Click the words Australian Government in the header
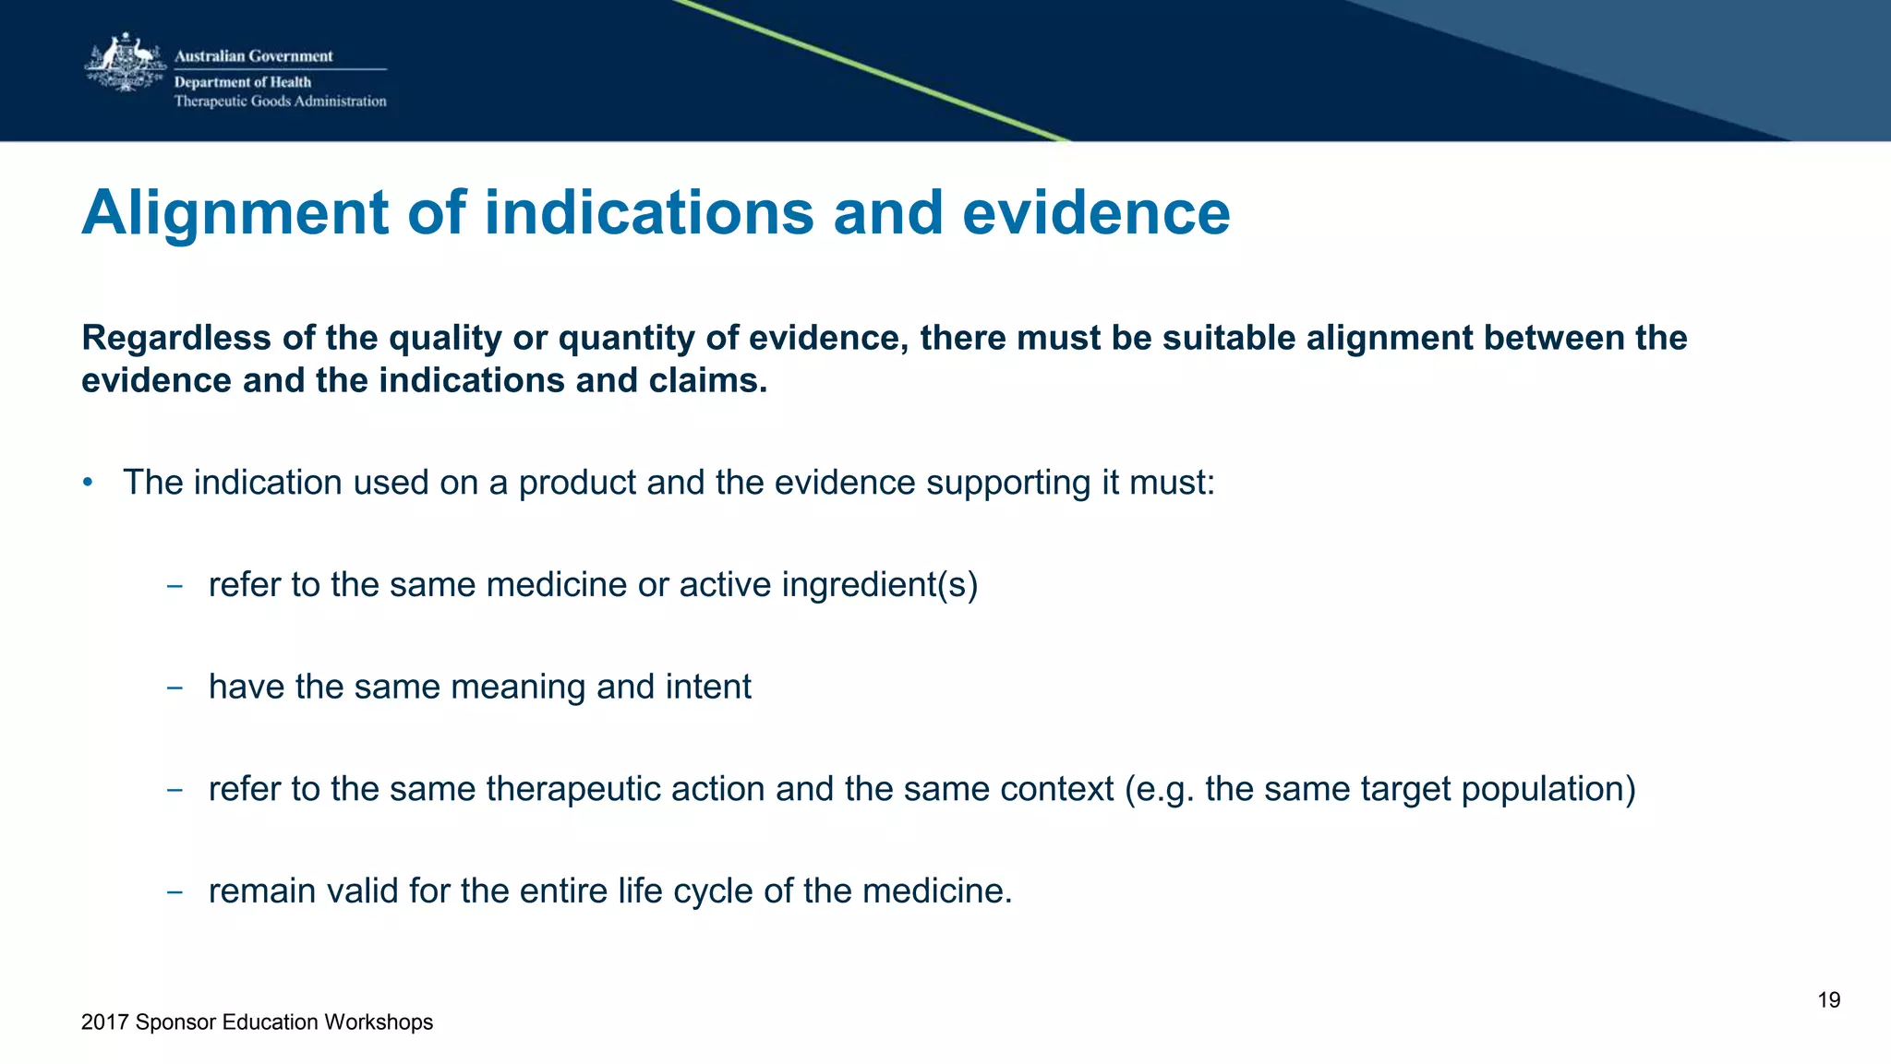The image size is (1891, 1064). tap(253, 56)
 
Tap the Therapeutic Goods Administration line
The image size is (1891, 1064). tap(280, 102)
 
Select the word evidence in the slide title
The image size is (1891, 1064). tap(1096, 213)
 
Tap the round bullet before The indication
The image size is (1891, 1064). tap(88, 483)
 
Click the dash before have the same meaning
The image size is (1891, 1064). tap(174, 687)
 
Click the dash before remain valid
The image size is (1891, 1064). tap(174, 891)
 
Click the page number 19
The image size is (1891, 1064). tap(1828, 1000)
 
